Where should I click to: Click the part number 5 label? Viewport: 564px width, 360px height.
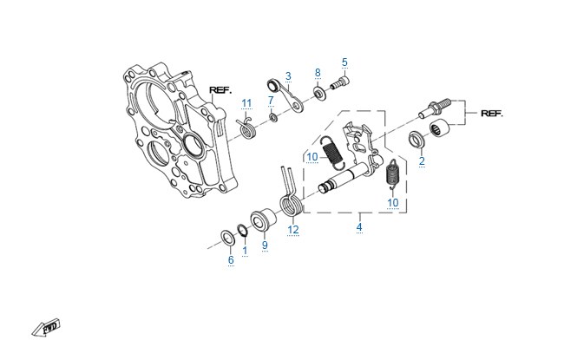pyautogui.click(x=344, y=62)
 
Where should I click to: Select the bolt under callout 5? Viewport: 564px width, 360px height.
pyautogui.click(x=340, y=83)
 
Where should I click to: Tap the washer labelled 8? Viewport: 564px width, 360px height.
pyautogui.click(x=319, y=93)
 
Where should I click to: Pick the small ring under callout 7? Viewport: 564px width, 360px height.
pyautogui.click(x=273, y=117)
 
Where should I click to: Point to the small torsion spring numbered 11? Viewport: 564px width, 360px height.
pyautogui.click(x=246, y=128)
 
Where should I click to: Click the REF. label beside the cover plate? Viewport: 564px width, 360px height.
pyautogui.click(x=220, y=90)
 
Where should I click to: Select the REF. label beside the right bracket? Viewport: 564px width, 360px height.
pyautogui.click(x=492, y=114)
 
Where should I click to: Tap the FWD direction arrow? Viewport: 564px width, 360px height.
pyautogui.click(x=46, y=327)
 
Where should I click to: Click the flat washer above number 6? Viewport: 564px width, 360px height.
pyautogui.click(x=227, y=239)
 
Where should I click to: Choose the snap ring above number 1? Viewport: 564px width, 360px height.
pyautogui.click(x=242, y=230)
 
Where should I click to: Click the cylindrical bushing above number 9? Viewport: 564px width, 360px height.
pyautogui.click(x=264, y=219)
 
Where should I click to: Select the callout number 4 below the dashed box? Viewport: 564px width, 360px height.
pyautogui.click(x=359, y=227)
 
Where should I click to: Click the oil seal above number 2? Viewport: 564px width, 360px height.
pyautogui.click(x=416, y=140)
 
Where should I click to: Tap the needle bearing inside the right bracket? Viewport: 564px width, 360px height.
pyautogui.click(x=441, y=128)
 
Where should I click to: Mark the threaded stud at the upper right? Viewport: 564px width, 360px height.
pyautogui.click(x=435, y=107)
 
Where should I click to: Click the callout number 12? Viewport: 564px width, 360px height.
pyautogui.click(x=293, y=230)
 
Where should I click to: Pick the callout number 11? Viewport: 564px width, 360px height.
pyautogui.click(x=246, y=103)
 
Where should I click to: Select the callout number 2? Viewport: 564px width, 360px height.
pyautogui.click(x=422, y=161)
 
